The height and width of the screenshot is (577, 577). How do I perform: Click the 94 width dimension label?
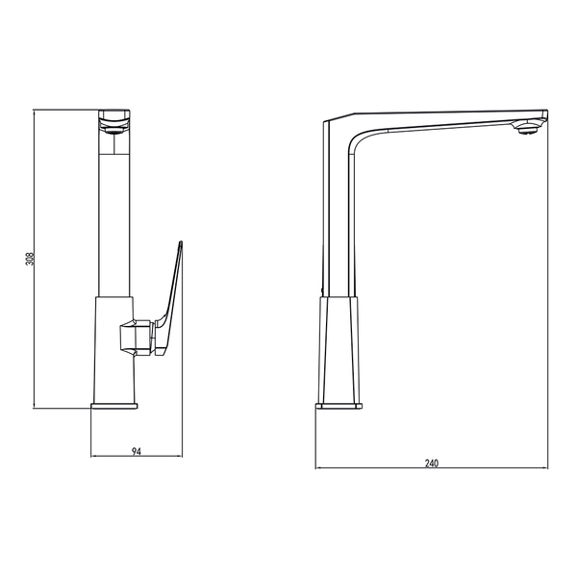137,451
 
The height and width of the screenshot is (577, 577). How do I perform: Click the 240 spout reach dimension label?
432,463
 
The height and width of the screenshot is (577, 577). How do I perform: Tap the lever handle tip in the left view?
181,242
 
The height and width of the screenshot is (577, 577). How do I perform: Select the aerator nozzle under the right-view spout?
527,128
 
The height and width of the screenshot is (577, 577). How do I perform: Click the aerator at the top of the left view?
114,129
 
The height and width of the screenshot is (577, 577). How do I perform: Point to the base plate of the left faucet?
114,406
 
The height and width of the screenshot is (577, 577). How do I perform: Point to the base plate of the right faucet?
339,406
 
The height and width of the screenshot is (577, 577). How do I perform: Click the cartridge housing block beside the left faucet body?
137,338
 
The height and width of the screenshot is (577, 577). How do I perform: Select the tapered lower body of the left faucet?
114,350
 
